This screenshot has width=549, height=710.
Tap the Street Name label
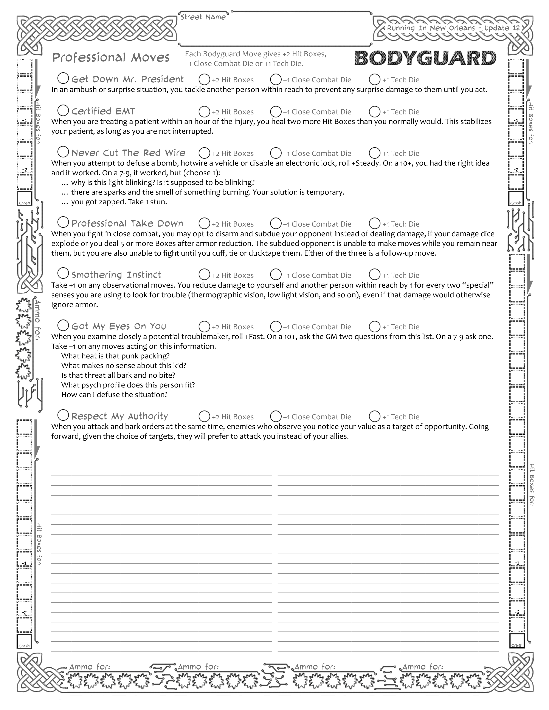[203, 17]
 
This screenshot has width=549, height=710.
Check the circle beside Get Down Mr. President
[63, 78]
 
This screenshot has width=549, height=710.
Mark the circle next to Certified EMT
[63, 111]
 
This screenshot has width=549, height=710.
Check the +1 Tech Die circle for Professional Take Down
[375, 223]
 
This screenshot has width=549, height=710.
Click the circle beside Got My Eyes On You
[63, 325]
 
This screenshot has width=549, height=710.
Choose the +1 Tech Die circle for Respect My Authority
[375, 416]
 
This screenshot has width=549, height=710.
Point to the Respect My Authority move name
[120, 417]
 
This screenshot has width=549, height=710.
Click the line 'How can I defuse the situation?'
[114, 395]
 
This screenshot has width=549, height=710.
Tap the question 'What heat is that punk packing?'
[115, 356]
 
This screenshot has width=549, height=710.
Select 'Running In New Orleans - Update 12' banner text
[453, 28]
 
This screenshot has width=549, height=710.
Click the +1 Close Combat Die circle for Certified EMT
[276, 111]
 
